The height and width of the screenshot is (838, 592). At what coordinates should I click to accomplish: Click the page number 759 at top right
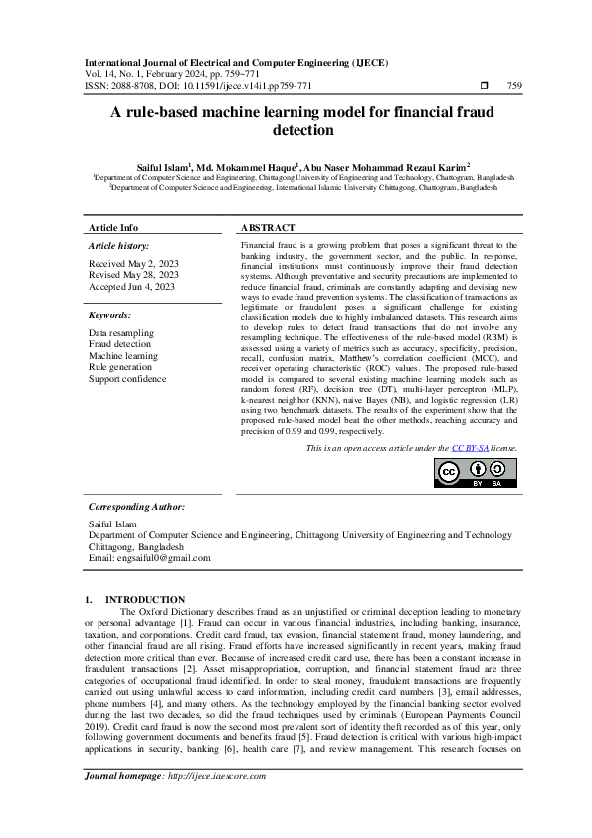[x=514, y=86]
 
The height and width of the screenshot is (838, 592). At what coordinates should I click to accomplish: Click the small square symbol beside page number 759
[x=483, y=86]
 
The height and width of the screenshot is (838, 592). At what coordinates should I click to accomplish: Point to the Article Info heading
[x=113, y=228]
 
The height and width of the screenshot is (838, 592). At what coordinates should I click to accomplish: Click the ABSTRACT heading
[x=268, y=228]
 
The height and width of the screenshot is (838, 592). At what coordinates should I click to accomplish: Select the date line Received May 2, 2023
[x=132, y=264]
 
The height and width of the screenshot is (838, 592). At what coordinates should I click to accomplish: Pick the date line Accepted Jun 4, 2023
[x=131, y=286]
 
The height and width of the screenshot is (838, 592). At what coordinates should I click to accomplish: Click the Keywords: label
[x=109, y=314]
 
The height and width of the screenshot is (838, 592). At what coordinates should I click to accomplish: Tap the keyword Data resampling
[x=121, y=333]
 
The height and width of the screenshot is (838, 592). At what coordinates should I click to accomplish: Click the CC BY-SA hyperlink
[x=468, y=449]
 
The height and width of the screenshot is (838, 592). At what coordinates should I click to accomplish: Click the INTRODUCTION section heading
[x=145, y=599]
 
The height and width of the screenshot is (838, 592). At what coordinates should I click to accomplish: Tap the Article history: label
[x=118, y=245]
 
